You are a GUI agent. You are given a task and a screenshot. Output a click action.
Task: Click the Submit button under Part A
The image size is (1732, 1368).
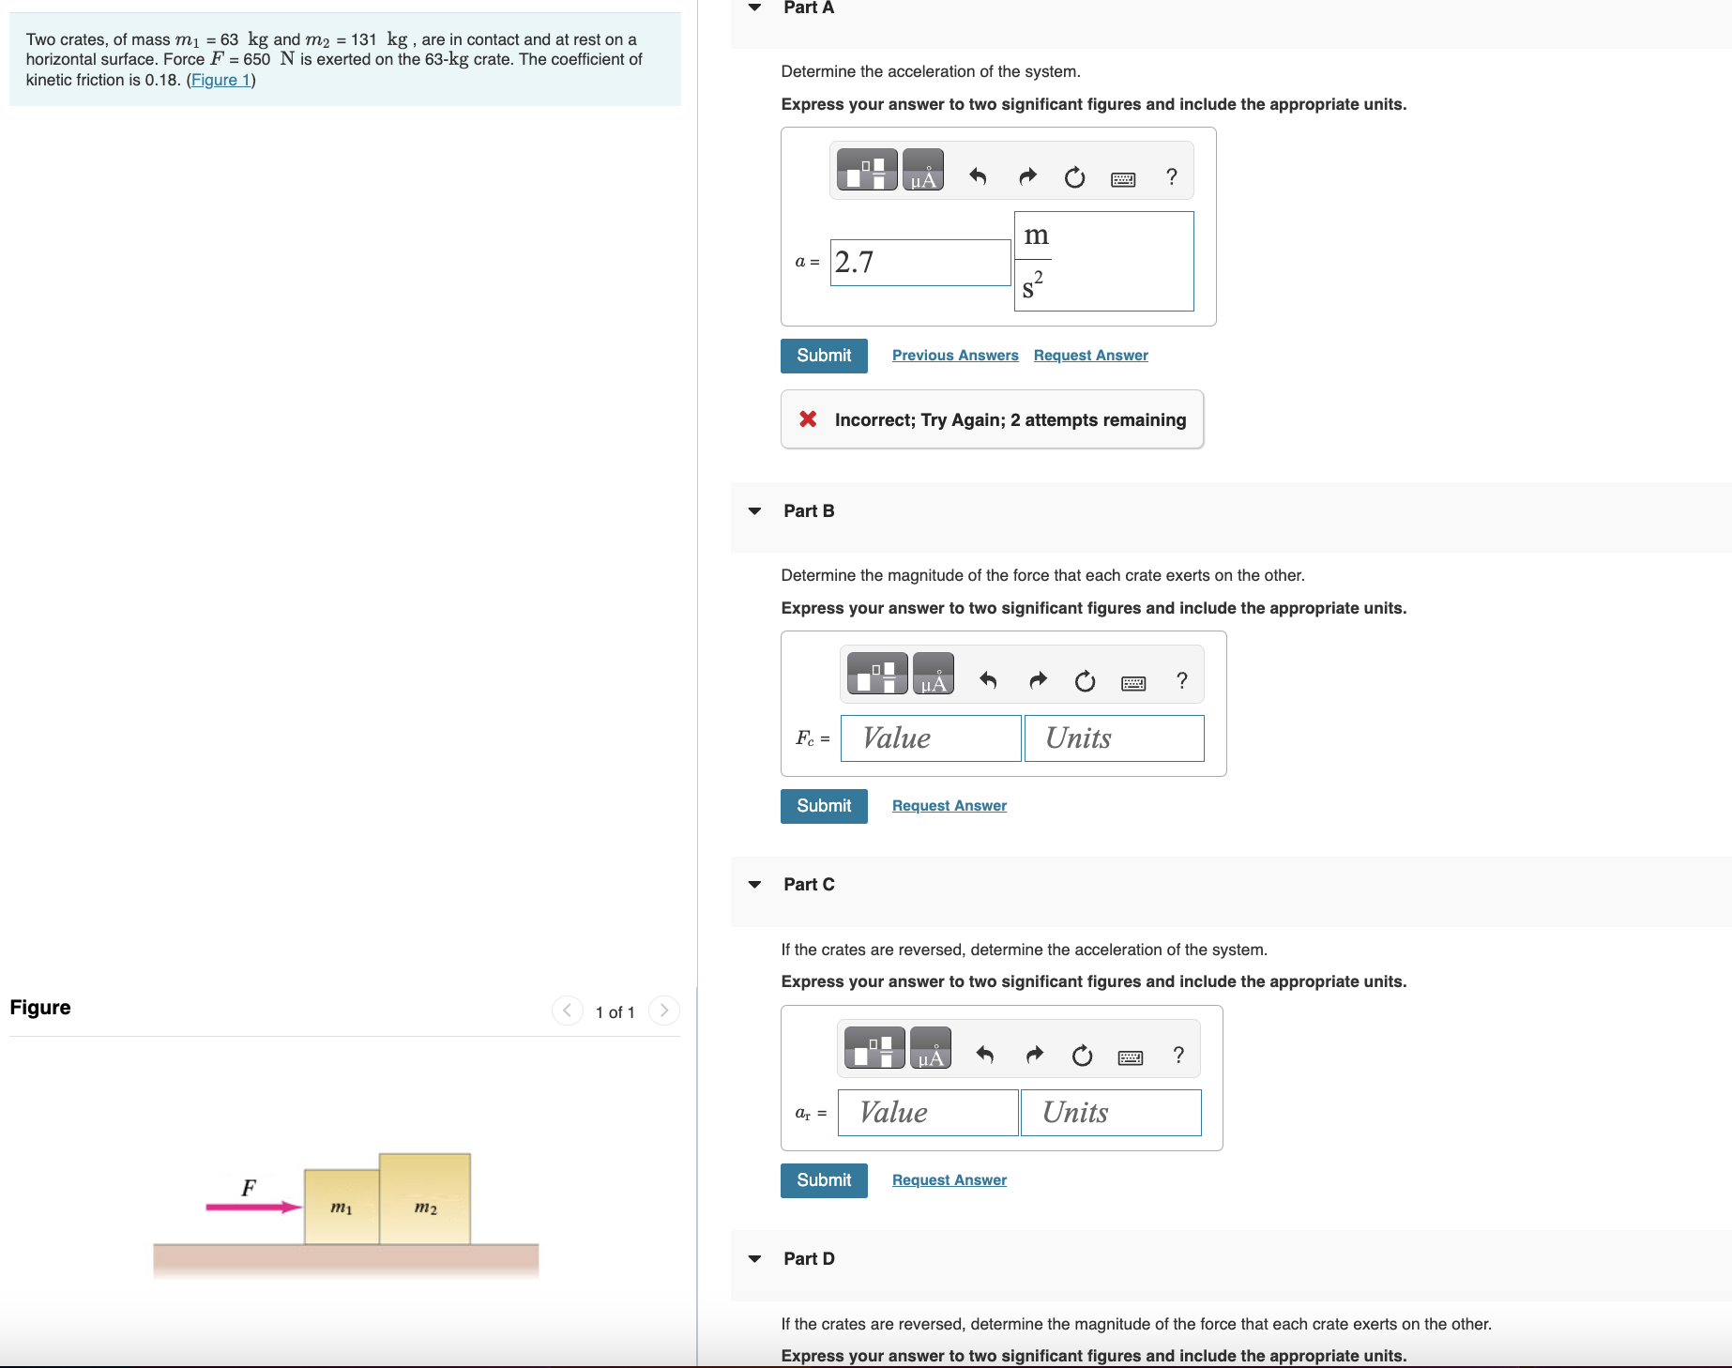[824, 356]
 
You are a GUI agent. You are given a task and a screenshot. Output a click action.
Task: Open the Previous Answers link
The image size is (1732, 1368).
[954, 356]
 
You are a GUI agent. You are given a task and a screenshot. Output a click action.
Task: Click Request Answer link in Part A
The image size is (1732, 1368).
[1090, 356]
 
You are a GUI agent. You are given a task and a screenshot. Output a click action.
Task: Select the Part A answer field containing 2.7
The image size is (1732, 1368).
[919, 263]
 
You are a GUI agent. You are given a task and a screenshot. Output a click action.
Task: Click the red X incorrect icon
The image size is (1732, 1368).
[808, 419]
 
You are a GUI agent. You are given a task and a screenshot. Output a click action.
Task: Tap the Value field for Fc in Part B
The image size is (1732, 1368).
[930, 738]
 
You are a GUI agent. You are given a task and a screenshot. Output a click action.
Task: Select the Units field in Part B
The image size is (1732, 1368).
[1114, 738]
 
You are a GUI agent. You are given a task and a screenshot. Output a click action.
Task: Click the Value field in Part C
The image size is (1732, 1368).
[927, 1113]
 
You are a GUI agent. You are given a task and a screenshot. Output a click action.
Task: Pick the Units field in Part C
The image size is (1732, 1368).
[1111, 1113]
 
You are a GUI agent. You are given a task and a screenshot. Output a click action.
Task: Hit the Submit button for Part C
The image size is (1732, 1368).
[824, 1180]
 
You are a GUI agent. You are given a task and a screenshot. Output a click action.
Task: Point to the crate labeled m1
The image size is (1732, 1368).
[342, 1208]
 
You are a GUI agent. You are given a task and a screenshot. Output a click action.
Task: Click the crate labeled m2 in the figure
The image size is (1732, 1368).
[425, 1200]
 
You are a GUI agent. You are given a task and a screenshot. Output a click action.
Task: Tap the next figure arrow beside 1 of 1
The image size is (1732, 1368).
[664, 1011]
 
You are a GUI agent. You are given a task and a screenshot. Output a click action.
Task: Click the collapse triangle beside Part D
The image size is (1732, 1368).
[754, 1259]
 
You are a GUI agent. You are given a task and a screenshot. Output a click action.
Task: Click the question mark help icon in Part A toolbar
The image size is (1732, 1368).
[1171, 176]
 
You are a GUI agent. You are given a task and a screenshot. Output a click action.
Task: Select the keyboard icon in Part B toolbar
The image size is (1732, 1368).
[1133, 682]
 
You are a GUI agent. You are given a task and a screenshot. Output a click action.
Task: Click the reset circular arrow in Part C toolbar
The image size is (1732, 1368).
[1082, 1056]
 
